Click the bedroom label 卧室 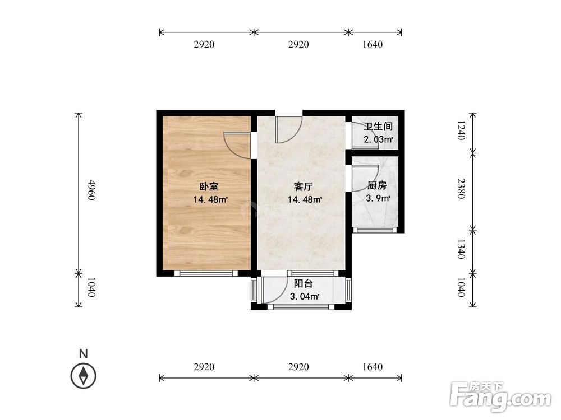coord(209,186)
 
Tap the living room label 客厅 coord(303,186)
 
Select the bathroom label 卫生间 coord(378,127)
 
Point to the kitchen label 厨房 coord(377,186)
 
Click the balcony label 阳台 coord(303,283)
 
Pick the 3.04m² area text coord(305,296)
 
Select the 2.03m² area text coord(379,139)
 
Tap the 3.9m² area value coord(378,198)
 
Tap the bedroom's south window coord(206,273)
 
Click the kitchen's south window coord(375,230)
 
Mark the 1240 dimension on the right coord(461,130)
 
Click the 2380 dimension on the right coord(461,189)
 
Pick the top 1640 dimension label coord(373,45)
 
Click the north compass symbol coord(84,376)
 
